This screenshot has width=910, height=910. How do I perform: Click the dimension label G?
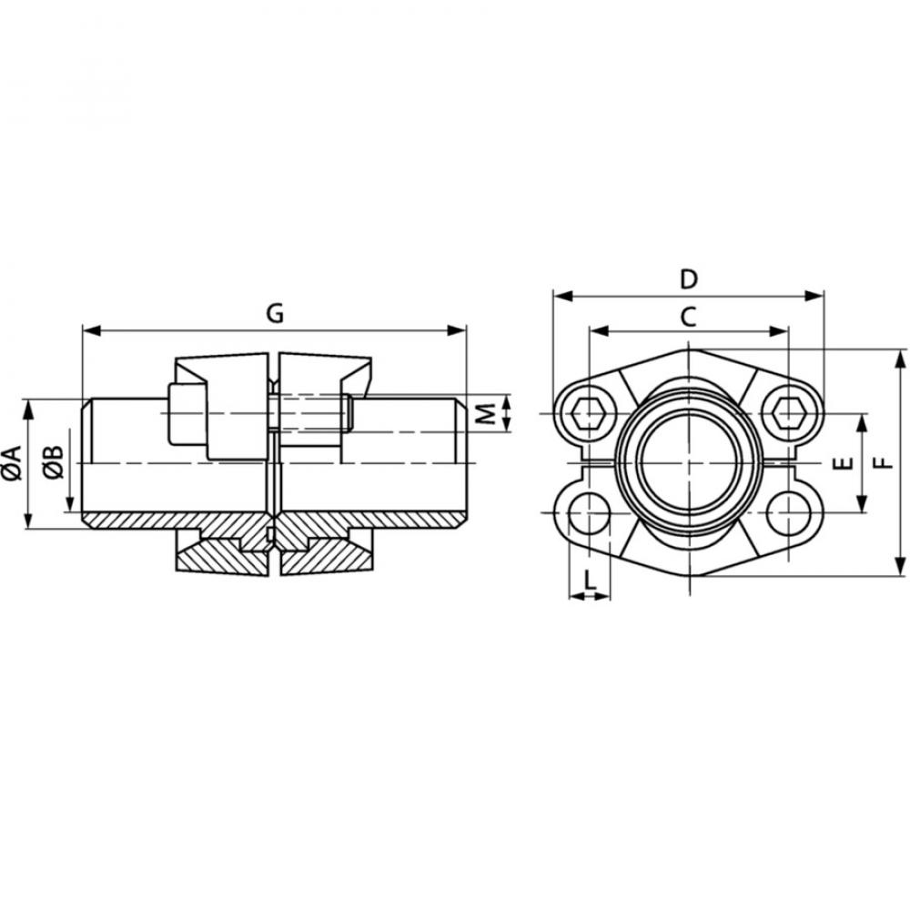pos(274,312)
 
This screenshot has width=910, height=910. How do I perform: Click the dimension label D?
pos(689,278)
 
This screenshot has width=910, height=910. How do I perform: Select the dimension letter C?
pos(689,317)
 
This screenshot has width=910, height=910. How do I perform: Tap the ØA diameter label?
pos(12,462)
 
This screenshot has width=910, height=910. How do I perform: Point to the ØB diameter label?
pos(54,462)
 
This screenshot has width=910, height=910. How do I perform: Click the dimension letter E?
pos(843,463)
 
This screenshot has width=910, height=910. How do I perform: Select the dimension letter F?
pos(881,462)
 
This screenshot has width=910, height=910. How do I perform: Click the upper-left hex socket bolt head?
pos(589,414)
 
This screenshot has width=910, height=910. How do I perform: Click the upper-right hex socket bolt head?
pos(788,414)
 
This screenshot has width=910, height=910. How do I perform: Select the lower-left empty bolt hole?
pos(589,513)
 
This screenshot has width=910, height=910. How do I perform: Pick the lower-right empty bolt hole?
pos(788,513)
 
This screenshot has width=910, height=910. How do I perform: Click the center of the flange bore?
pos(689,462)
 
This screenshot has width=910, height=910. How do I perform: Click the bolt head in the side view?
pos(187,414)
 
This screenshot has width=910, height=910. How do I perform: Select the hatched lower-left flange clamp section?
pos(218,554)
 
